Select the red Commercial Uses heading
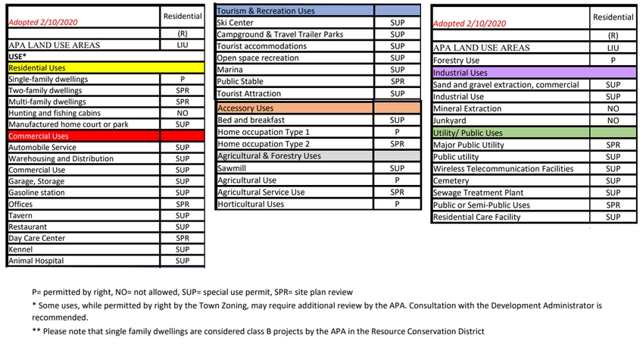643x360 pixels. [x=39, y=136]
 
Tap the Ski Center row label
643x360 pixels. [x=236, y=23]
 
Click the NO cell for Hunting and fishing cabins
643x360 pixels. [x=183, y=113]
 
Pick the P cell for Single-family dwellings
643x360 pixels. [x=183, y=79]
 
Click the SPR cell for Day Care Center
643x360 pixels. [x=183, y=238]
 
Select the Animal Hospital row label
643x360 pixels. [x=36, y=261]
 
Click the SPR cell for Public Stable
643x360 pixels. [x=397, y=82]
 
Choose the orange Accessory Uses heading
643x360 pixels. [x=245, y=108]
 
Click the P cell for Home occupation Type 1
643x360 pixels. [x=397, y=132]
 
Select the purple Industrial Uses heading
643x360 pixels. [x=460, y=73]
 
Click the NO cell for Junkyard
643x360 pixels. [x=613, y=120]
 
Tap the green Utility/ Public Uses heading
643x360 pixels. [x=467, y=133]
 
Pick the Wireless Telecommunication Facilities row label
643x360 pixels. [x=503, y=169]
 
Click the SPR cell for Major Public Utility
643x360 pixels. [x=613, y=144]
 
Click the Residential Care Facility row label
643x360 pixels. [x=476, y=218]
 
